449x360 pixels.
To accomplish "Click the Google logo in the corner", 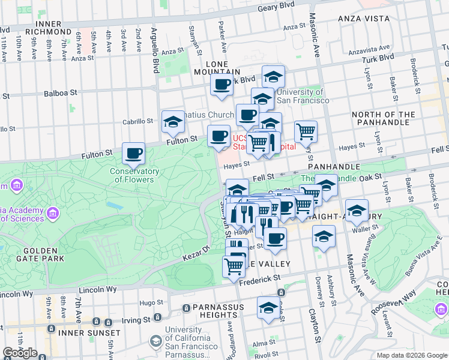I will pyautogui.click(x=20, y=353).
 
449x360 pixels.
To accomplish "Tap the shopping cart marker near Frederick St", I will pyautogui.click(x=234, y=265).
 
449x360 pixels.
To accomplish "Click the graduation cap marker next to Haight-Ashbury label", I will pyautogui.click(x=357, y=211).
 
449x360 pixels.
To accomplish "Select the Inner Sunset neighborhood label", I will pyautogui.click(x=89, y=332).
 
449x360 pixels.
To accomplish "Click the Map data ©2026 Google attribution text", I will pyautogui.click(x=411, y=355).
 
